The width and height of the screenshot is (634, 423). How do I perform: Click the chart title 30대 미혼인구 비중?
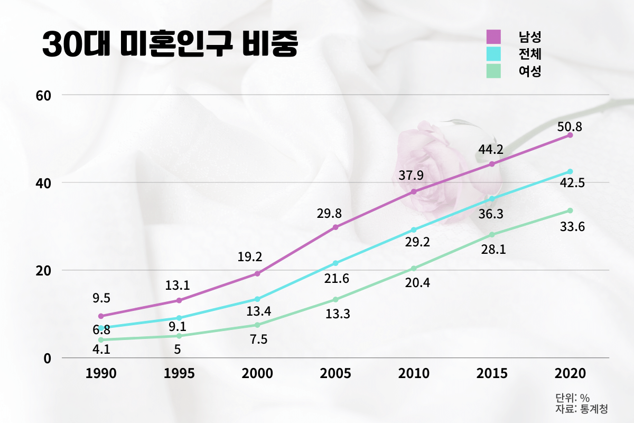tap(170, 45)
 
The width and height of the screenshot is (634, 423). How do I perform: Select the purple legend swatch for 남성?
tap(493, 37)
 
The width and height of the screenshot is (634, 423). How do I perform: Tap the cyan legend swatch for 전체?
tap(493, 54)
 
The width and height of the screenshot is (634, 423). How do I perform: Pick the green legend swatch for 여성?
tap(493, 71)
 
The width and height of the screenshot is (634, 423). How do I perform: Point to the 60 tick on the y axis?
tap(43, 95)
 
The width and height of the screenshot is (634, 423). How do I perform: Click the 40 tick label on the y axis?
tap(43, 183)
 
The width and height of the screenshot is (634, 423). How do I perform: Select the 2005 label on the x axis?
tap(335, 373)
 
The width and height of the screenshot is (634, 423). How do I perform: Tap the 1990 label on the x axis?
tap(101, 373)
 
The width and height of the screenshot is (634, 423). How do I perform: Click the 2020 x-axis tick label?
tap(571, 373)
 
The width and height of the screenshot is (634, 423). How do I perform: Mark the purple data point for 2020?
tap(570, 135)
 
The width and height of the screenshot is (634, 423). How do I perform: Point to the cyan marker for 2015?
tap(492, 199)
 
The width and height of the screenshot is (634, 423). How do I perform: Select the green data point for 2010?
tap(414, 269)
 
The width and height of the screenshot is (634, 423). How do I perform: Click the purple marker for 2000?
tap(257, 274)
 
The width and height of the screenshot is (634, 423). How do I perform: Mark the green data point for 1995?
tap(179, 336)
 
